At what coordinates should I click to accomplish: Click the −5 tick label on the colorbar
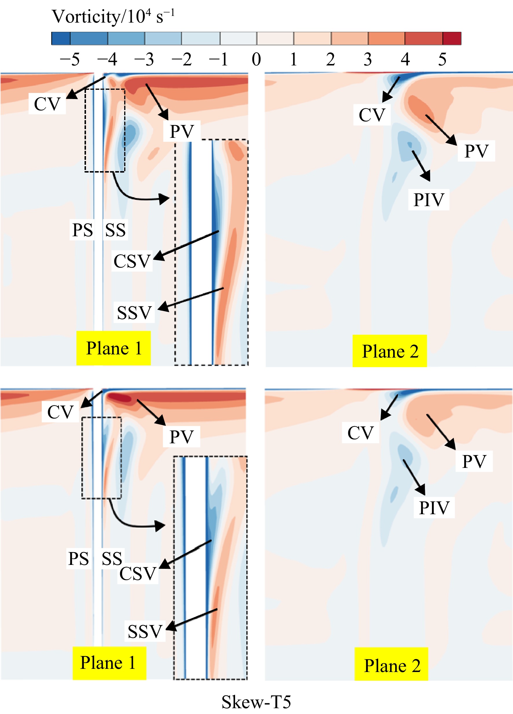point(69,59)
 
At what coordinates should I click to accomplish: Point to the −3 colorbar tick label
point(144,59)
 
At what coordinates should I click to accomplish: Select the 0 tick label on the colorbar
point(256,59)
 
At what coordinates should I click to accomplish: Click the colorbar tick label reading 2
point(330,59)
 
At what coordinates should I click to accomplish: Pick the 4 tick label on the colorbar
point(405,59)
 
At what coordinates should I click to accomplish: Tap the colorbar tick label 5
point(442,59)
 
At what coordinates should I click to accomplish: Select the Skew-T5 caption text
point(256,702)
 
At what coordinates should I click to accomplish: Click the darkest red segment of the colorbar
point(452,39)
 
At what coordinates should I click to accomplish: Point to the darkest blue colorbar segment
point(61,39)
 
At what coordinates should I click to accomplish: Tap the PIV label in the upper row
point(429,199)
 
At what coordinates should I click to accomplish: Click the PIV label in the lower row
point(434,508)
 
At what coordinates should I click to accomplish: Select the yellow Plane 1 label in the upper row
point(113,348)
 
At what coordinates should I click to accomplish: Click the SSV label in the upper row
point(134,313)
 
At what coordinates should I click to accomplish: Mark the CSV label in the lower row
point(138,574)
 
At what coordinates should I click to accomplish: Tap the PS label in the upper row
point(82,230)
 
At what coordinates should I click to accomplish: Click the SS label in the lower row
point(112,559)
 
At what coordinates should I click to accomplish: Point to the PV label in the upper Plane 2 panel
point(477,151)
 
